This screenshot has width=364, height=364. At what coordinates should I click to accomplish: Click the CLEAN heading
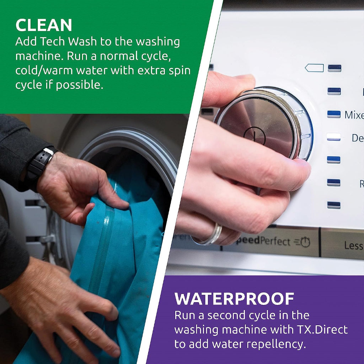point(44,25)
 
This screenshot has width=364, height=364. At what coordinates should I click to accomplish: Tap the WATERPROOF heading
point(234,299)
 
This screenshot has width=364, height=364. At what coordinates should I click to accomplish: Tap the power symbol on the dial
point(255,136)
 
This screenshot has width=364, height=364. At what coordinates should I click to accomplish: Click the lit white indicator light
point(333,137)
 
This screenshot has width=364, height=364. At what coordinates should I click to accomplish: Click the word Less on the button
point(353,245)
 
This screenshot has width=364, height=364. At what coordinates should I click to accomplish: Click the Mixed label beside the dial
point(354,115)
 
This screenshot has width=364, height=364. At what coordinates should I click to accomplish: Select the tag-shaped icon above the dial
point(314,68)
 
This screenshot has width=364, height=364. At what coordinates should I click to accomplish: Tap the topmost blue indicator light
point(334,68)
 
